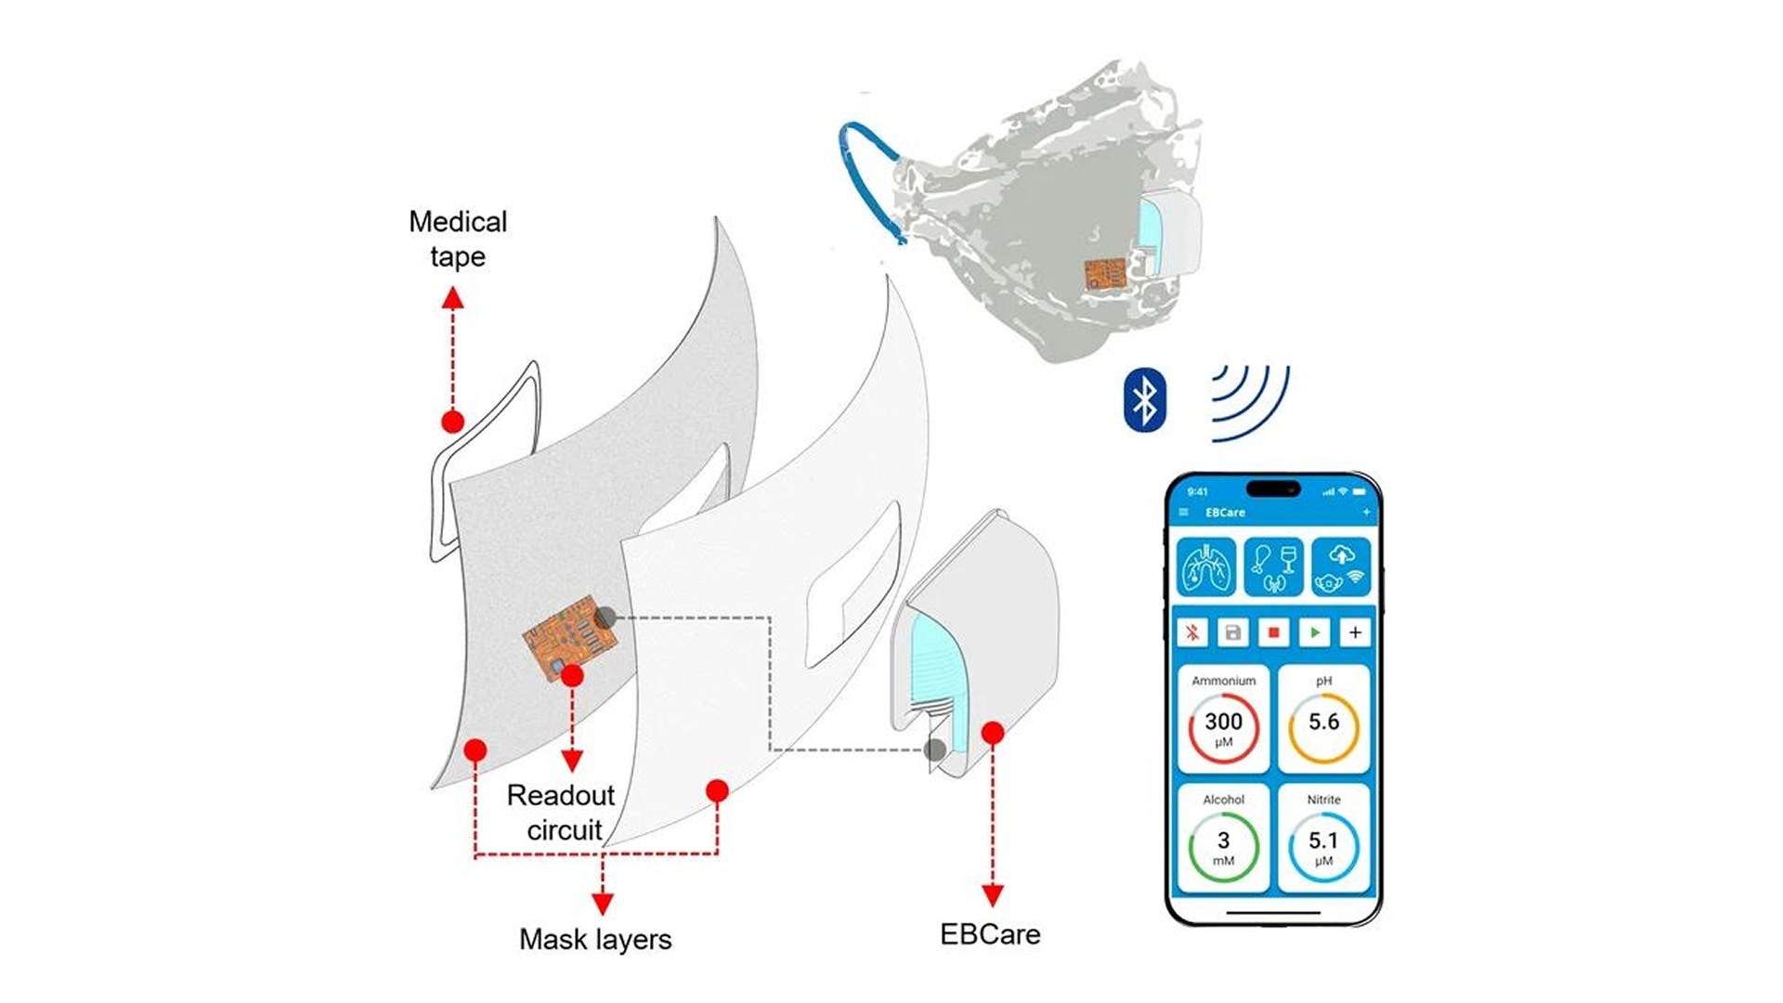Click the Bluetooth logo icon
pos(1144,400)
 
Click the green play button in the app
pos(1314,632)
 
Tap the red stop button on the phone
pos(1273,632)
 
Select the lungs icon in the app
pos(1206,567)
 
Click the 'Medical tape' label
pos(458,239)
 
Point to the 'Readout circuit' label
pos(562,813)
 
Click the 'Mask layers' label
pos(595,939)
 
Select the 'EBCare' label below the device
pos(990,934)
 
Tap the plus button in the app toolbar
pos(1355,632)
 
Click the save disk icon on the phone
pos(1232,632)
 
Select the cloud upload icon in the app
pos(1341,567)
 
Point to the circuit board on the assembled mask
pos(1105,273)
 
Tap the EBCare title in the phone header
pos(1225,513)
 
